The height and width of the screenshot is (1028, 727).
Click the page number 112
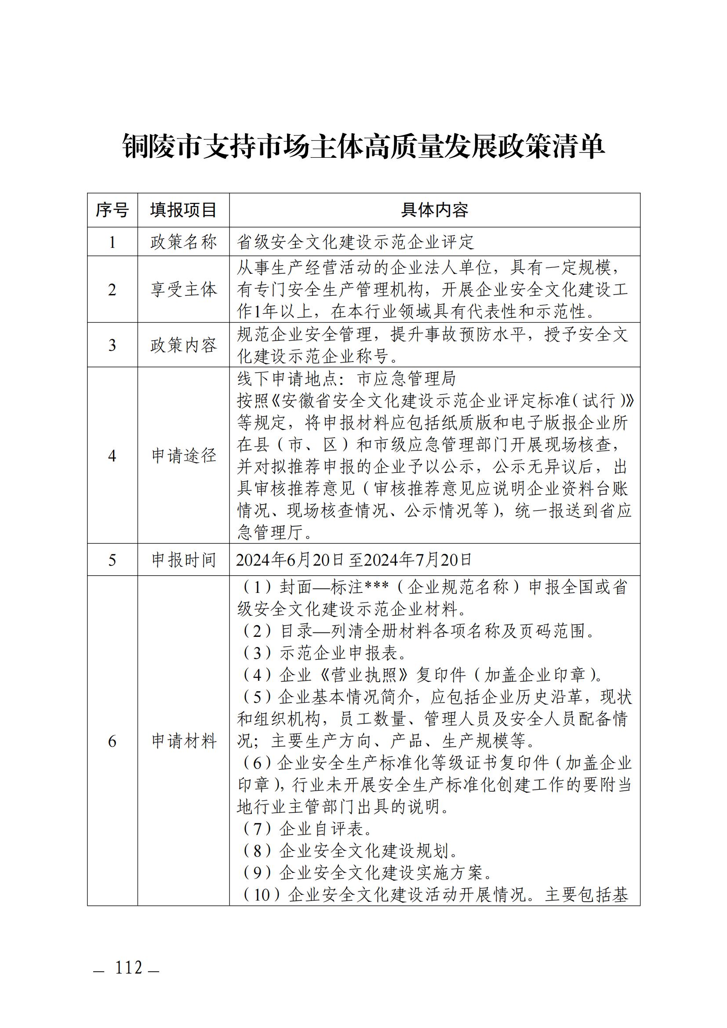(x=129, y=967)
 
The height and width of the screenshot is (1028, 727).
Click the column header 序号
(x=112, y=210)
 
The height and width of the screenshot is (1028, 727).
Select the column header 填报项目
(x=183, y=210)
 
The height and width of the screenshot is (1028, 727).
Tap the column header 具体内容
(x=434, y=210)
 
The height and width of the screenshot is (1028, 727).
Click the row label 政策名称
(x=183, y=242)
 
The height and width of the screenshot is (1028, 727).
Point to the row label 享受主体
(x=183, y=290)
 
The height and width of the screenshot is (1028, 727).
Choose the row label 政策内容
(x=183, y=345)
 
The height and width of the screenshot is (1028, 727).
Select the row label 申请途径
(x=183, y=456)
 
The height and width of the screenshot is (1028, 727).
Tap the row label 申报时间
(x=183, y=559)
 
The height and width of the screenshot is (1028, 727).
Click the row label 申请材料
(x=183, y=741)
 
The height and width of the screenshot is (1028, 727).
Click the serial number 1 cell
(x=112, y=242)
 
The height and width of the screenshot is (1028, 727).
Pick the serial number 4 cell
(x=112, y=456)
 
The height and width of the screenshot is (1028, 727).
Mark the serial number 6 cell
(x=112, y=741)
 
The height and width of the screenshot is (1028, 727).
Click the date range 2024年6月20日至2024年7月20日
(x=354, y=559)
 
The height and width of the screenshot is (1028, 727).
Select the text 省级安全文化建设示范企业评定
(x=356, y=242)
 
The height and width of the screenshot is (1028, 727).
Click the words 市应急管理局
(x=406, y=379)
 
